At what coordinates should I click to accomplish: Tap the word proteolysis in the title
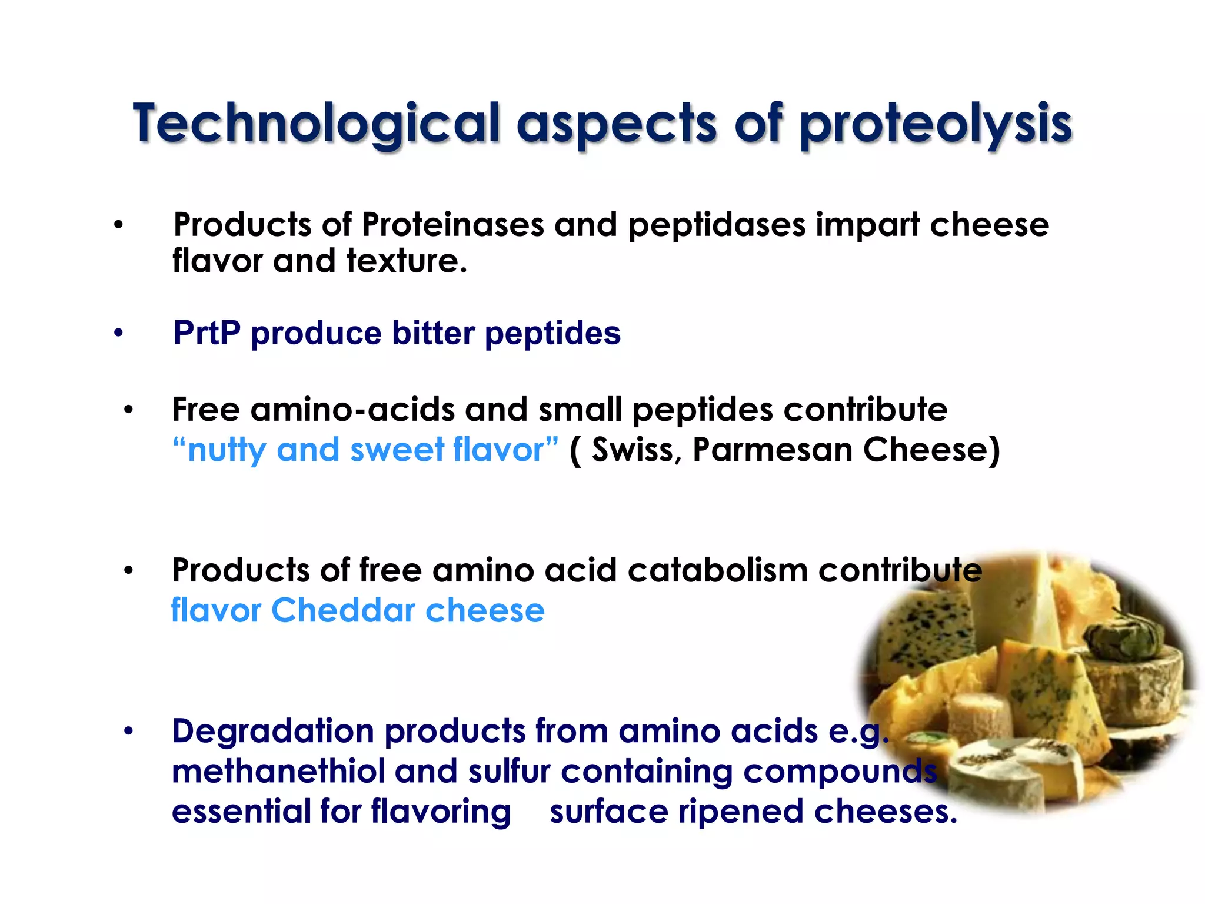936,125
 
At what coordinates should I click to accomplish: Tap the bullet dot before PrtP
119,334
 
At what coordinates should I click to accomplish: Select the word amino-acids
352,410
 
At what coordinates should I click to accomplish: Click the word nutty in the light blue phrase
227,450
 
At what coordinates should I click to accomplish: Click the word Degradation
273,732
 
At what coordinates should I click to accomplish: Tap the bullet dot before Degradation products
129,732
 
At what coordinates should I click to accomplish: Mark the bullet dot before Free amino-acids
129,410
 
